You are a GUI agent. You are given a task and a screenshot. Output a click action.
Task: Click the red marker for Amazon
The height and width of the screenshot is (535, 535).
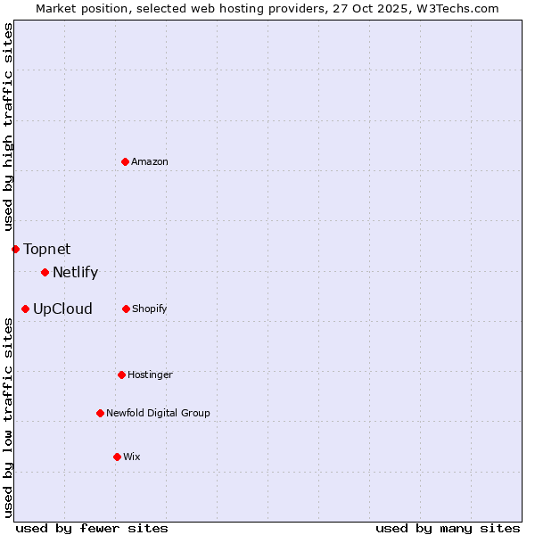point(126,161)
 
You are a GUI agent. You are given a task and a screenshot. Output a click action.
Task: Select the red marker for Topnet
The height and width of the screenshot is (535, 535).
point(15,249)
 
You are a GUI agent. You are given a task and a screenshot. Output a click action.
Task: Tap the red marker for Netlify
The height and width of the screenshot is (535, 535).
point(45,272)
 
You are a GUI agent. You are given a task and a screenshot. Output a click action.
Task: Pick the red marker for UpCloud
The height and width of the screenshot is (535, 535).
point(25,309)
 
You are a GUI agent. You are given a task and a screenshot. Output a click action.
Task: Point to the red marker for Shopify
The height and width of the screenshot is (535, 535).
point(126,309)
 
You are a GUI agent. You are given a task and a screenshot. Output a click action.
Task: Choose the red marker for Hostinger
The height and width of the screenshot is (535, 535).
point(121,374)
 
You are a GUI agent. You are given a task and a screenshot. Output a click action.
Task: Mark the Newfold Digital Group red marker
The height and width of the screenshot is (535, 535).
point(100,413)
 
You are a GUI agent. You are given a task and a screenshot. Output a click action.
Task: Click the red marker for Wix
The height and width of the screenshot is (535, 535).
point(117,457)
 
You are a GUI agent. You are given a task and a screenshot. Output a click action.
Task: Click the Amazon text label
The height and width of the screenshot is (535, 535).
point(150,161)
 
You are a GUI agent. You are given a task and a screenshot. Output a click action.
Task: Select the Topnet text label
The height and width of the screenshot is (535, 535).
point(46,249)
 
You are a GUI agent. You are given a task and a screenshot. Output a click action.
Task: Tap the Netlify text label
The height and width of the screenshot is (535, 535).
point(75,273)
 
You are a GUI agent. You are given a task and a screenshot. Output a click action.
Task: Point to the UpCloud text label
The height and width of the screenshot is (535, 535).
point(62,309)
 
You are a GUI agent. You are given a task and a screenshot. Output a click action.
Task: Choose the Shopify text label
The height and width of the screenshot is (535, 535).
point(149,309)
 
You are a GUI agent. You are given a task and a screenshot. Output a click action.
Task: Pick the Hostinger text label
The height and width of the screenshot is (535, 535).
point(150,374)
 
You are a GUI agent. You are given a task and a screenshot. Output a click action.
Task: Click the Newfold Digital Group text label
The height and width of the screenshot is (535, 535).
point(158,413)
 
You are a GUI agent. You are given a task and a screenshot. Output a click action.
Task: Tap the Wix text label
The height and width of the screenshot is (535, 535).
point(132,457)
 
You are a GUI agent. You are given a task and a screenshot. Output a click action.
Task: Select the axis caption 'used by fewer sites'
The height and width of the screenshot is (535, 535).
point(92,528)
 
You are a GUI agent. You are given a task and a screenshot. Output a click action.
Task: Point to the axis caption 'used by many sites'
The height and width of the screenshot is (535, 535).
point(448,528)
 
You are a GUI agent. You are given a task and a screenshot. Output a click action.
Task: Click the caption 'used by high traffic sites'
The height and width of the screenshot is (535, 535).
point(8,128)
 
